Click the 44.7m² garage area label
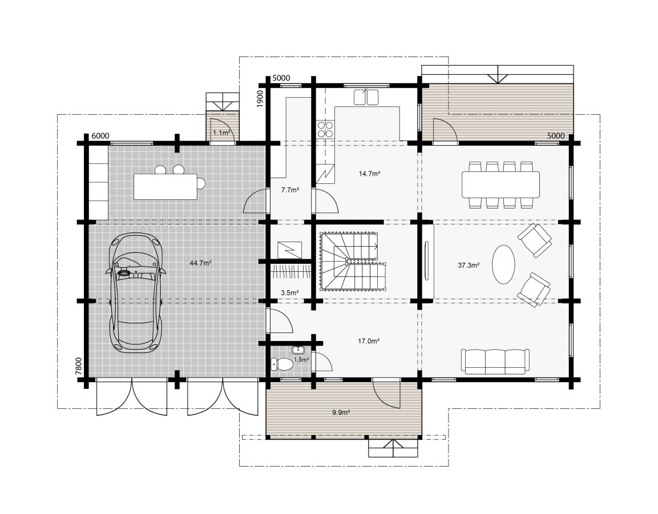click(200, 263)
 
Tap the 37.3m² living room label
click(469, 265)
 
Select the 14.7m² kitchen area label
click(369, 173)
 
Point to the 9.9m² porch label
click(341, 412)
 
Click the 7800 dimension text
click(79, 366)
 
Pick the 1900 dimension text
click(260, 99)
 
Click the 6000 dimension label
click(100, 136)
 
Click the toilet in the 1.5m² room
click(281, 364)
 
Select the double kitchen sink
click(366, 97)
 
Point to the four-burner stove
click(325, 129)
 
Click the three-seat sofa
click(495, 361)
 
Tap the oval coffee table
click(503, 265)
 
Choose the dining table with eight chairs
click(500, 185)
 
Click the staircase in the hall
click(353, 262)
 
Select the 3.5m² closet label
click(289, 292)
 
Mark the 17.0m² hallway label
click(369, 341)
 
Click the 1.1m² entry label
click(221, 132)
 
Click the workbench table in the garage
click(165, 186)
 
